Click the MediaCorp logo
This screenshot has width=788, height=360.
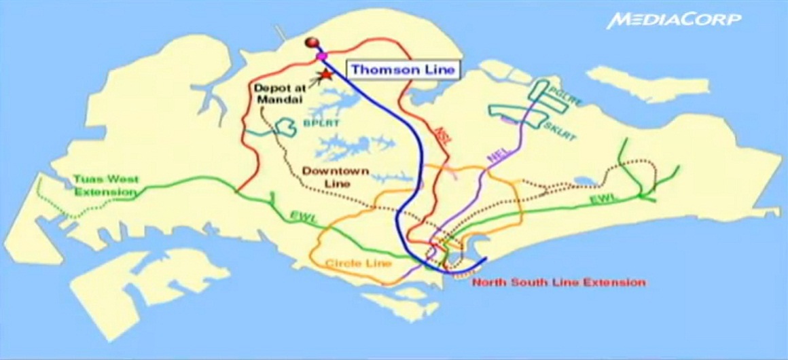(675, 19)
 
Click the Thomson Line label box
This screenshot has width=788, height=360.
(404, 69)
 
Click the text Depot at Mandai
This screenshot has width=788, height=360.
(279, 93)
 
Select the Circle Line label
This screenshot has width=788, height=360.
(358, 263)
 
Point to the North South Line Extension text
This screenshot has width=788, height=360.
(558, 282)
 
